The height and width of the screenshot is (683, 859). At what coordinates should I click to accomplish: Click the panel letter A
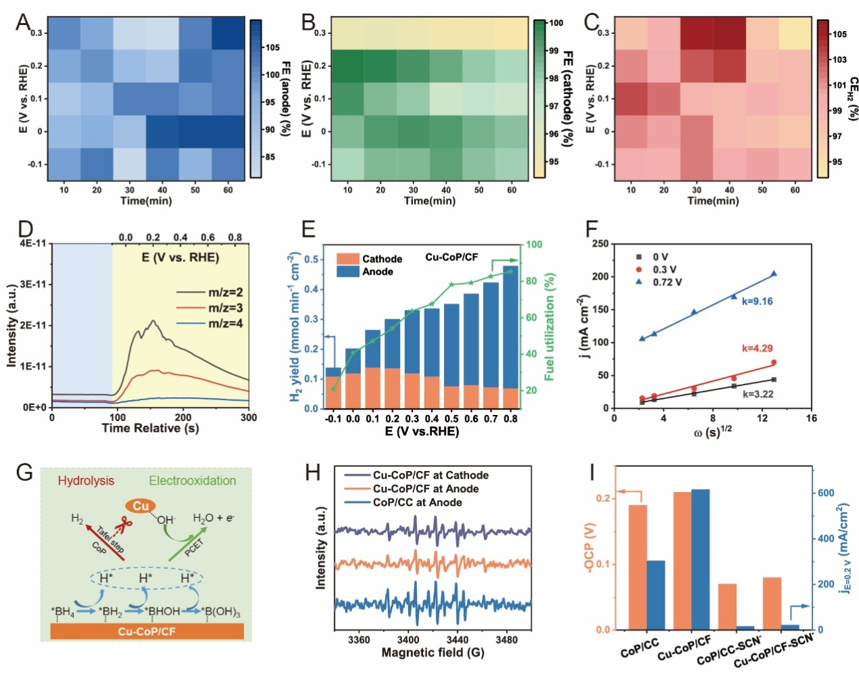(x=23, y=22)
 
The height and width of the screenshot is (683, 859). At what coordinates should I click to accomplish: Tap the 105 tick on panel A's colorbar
(x=272, y=47)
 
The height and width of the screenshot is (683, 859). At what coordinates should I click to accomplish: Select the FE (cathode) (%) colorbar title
(x=569, y=98)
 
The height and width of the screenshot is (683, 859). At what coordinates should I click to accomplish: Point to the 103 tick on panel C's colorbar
(x=839, y=60)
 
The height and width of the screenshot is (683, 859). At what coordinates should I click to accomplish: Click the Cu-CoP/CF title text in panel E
(x=451, y=257)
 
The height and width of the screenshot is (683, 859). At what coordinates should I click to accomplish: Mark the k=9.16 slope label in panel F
(x=757, y=301)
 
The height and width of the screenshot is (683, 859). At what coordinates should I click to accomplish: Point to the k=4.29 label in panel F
(x=757, y=349)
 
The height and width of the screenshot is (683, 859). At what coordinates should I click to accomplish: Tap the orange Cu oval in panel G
(x=141, y=506)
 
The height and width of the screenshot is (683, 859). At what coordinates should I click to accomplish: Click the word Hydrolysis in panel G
(x=86, y=481)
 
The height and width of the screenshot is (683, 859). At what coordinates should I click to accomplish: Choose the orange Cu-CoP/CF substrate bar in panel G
(x=147, y=631)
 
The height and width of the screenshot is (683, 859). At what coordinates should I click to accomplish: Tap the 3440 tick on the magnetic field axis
(x=457, y=640)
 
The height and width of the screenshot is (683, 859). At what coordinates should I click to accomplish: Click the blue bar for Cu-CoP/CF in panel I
(x=701, y=559)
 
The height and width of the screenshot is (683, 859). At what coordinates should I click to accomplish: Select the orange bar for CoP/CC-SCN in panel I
(x=727, y=607)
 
